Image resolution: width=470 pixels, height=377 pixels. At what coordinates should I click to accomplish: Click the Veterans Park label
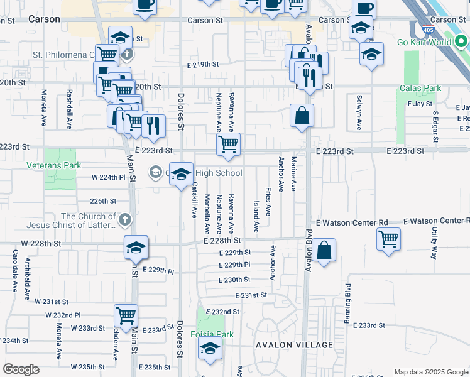(x=54, y=165)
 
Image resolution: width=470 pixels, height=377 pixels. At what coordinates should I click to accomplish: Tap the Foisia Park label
(x=212, y=334)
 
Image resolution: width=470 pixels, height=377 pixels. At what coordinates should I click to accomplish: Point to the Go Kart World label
(x=433, y=43)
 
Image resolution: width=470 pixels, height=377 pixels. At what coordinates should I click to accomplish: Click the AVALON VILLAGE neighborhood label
(x=294, y=345)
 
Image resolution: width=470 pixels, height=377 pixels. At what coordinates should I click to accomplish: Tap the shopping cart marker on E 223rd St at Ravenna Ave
(x=229, y=145)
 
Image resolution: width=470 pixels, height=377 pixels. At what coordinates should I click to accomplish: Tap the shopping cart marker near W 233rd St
(x=126, y=315)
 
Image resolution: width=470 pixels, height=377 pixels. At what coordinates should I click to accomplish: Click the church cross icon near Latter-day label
(x=125, y=220)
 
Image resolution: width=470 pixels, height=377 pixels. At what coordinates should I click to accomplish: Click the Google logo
(x=21, y=369)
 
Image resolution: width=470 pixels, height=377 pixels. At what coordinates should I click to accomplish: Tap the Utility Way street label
(x=434, y=244)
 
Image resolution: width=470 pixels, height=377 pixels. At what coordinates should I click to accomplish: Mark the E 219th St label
(x=202, y=64)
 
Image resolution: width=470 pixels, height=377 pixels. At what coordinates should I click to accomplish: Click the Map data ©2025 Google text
(x=430, y=372)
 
